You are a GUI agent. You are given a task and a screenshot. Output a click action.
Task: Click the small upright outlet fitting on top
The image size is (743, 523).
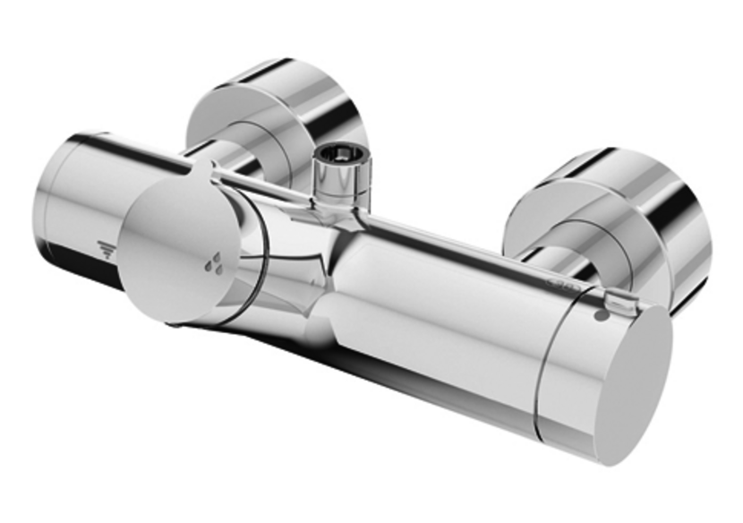tap(340, 179)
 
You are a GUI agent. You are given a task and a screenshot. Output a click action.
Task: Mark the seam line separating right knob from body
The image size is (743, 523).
tap(548, 358)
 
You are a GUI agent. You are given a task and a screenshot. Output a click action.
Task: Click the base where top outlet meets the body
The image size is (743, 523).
tap(342, 208)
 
